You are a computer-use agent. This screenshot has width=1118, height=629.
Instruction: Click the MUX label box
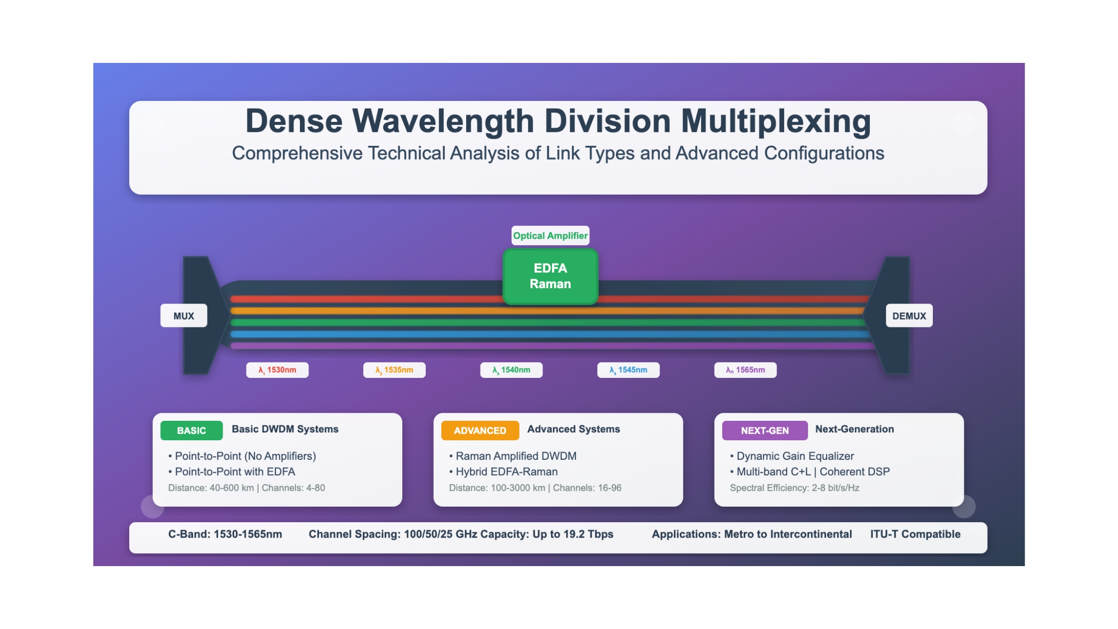pos(184,315)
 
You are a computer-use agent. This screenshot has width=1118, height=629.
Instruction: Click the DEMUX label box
pos(909,315)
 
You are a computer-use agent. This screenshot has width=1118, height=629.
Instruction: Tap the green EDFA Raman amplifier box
pos(550,276)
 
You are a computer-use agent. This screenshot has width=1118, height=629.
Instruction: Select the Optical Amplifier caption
pos(550,236)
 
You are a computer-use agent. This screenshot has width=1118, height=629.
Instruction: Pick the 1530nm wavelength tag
pos(277,370)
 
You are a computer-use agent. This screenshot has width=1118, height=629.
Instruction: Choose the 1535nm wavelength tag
pos(394,370)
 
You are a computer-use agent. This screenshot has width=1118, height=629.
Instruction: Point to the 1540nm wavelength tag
pos(511,370)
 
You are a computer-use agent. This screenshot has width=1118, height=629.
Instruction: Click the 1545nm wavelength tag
pos(628,370)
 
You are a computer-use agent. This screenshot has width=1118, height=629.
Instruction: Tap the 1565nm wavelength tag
pos(745,370)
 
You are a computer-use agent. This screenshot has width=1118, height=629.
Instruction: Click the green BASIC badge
pos(191,430)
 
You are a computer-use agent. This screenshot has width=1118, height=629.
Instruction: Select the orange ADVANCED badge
pos(480,430)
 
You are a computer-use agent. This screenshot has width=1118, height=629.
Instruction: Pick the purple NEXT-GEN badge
pos(765,430)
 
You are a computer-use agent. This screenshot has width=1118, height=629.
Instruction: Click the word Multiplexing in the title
pos(776,122)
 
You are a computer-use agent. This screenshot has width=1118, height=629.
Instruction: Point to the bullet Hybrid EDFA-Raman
pos(503,472)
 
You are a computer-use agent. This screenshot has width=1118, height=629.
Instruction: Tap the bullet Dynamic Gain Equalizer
pos(792,456)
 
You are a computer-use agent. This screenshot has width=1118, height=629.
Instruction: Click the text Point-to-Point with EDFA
pos(232,472)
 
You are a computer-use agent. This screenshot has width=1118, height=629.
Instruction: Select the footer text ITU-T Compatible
pos(915,534)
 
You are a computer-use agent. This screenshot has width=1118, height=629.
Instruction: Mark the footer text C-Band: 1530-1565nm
pos(225,534)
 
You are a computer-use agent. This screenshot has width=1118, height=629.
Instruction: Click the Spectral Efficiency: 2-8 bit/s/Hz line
pos(795,488)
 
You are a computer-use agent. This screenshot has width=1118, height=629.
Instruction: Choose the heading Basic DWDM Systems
pos(285,429)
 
